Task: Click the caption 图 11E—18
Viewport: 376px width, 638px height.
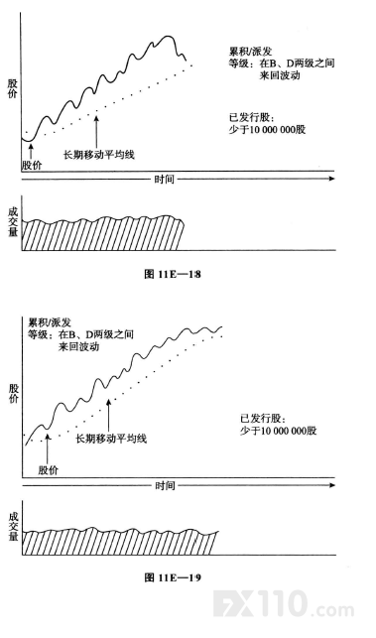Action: click(173, 274)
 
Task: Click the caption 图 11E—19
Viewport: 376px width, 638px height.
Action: click(173, 577)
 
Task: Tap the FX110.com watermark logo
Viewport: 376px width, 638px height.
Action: click(283, 604)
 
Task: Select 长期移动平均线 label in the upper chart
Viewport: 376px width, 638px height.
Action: click(99, 155)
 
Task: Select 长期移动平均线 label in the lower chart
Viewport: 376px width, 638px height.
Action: click(111, 439)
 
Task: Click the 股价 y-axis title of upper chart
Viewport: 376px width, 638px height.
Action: click(12, 88)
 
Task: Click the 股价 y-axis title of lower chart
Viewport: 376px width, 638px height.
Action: click(14, 394)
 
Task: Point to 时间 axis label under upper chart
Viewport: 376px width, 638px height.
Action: click(165, 179)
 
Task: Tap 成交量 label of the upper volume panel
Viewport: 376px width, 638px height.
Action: click(13, 222)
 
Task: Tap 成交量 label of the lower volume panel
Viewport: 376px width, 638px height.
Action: click(14, 527)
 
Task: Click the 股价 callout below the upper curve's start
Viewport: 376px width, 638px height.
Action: click(32, 166)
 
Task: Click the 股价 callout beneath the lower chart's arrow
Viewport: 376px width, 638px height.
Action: click(49, 470)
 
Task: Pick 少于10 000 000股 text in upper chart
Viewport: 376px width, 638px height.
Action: click(267, 130)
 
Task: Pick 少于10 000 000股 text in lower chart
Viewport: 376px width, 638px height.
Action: click(279, 431)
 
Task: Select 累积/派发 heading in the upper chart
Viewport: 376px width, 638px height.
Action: click(250, 52)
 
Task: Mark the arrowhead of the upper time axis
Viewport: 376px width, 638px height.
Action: click(332, 179)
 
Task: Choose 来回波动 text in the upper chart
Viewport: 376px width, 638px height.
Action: click(280, 75)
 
